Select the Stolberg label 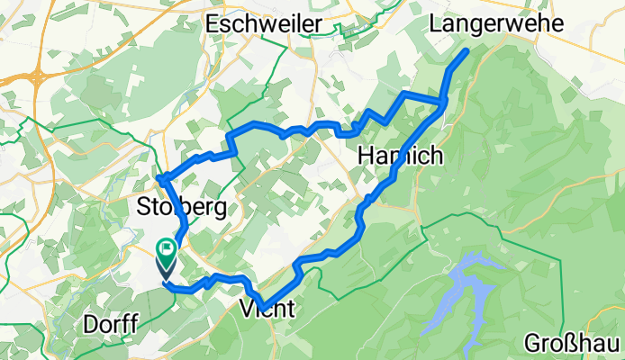point(180,207)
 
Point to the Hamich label point(400,156)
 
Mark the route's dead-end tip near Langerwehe point(466,52)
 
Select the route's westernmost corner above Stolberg point(159,178)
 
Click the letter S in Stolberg point(143,207)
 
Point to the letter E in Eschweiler point(213,24)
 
